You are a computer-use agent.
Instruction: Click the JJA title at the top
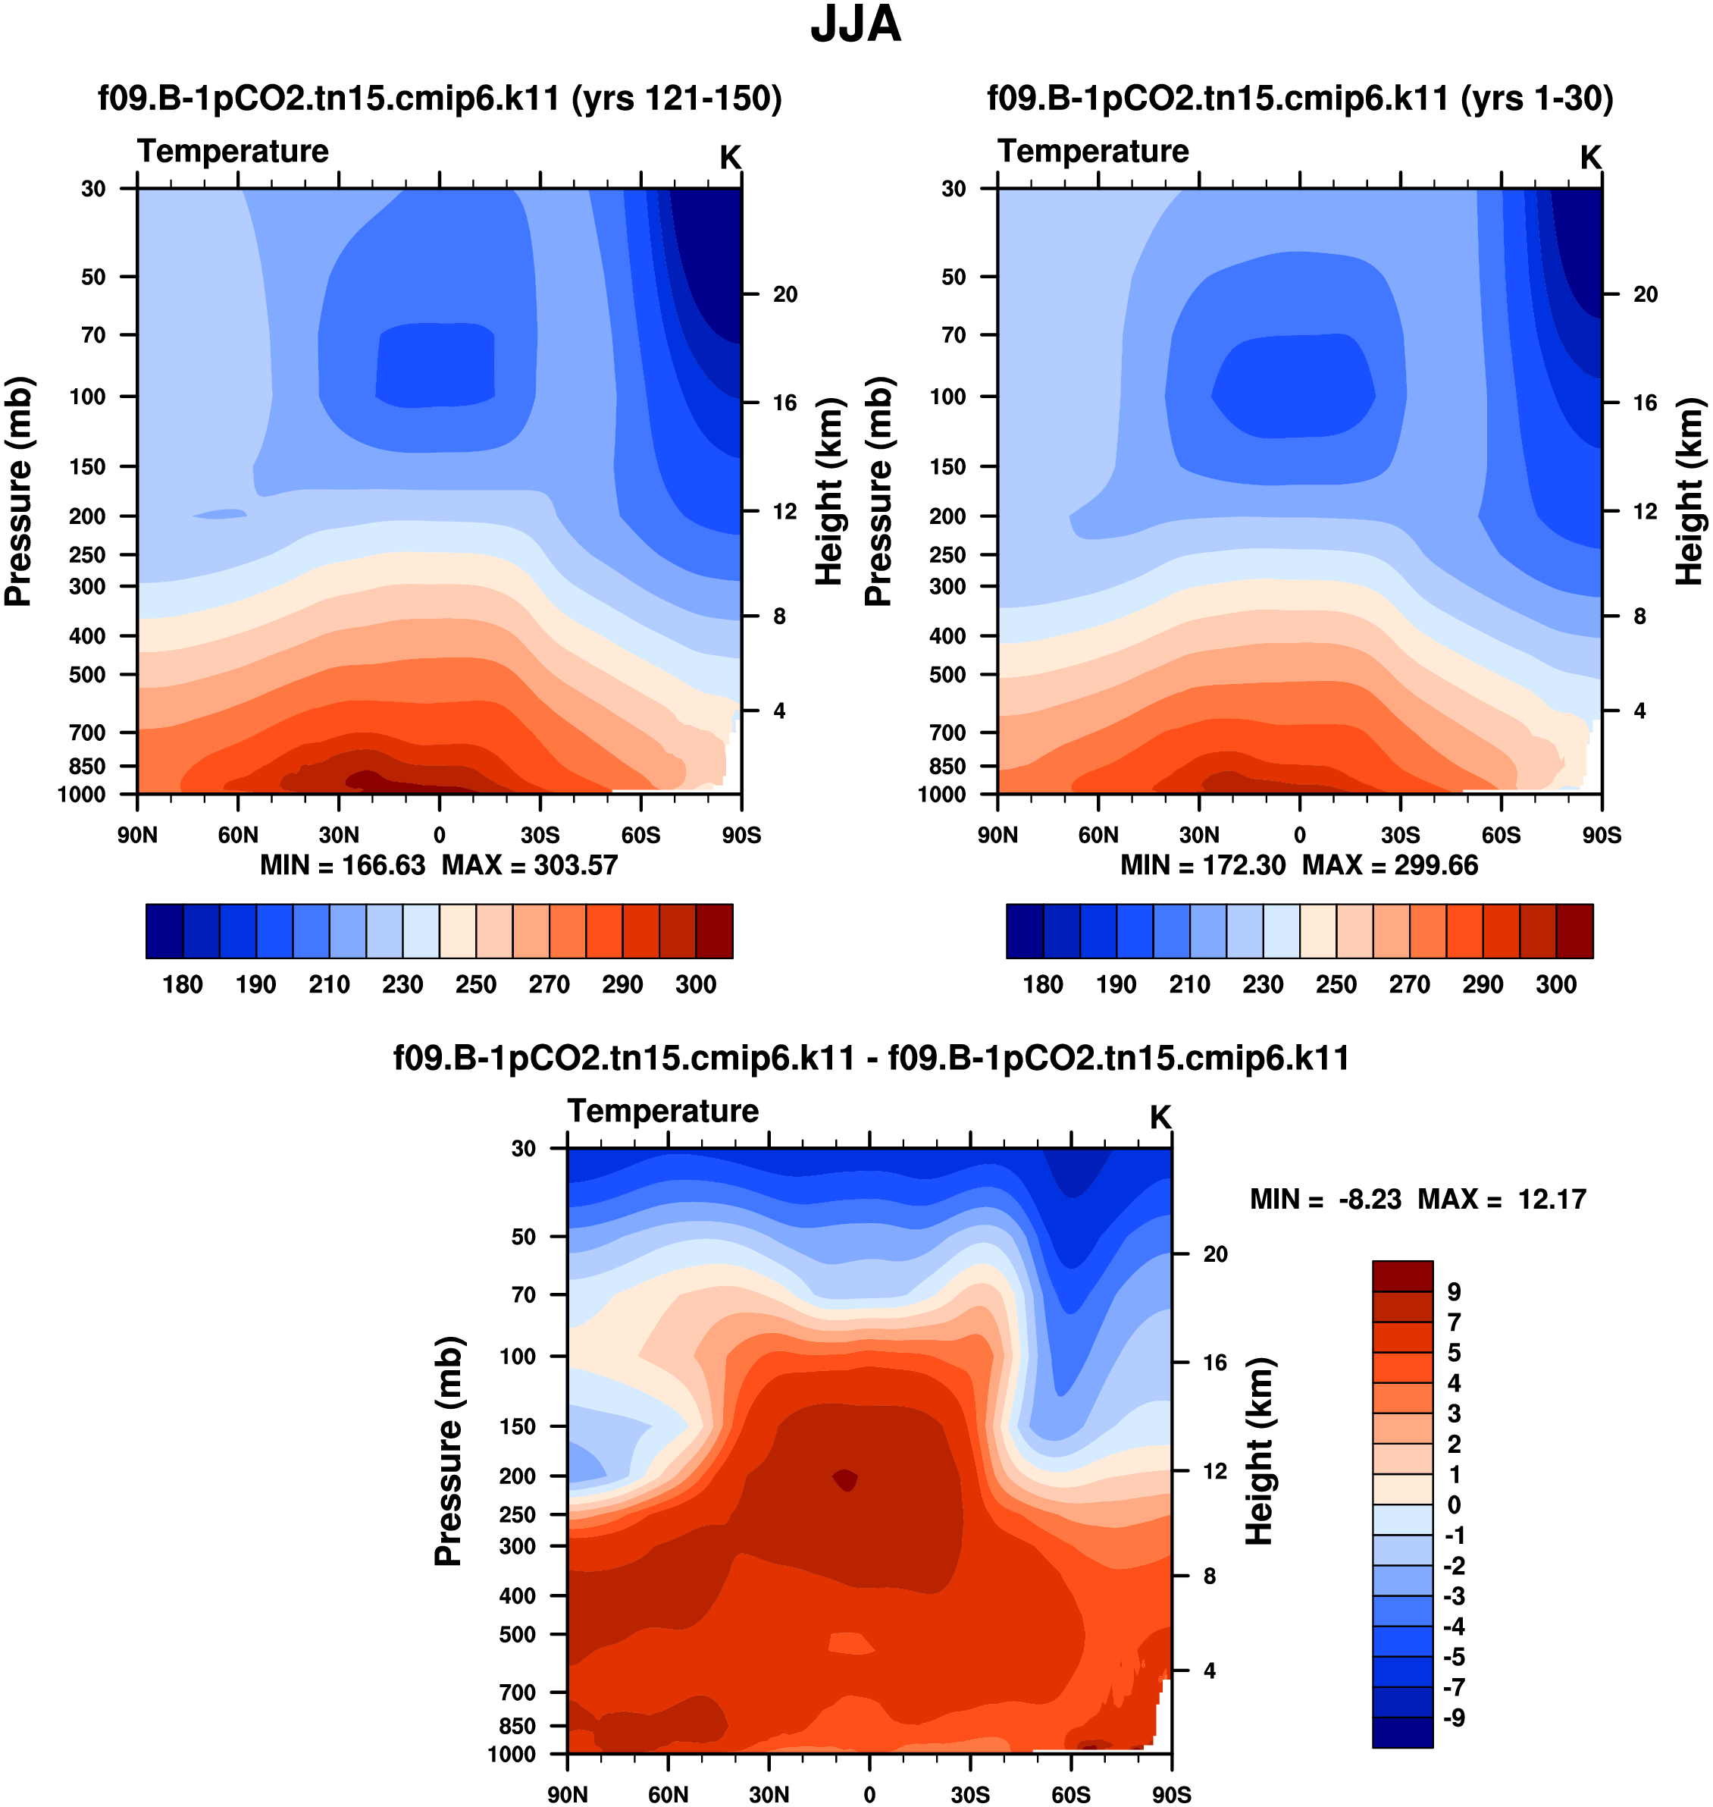coord(856,26)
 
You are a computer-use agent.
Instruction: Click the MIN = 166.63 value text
coord(343,865)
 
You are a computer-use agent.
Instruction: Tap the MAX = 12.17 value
coord(1502,1200)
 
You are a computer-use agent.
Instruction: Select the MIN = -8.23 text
coord(1325,1200)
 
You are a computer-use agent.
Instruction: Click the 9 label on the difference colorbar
coord(1454,1292)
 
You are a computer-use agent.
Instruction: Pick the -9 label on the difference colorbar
coord(1454,1718)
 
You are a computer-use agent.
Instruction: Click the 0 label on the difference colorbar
coord(1454,1504)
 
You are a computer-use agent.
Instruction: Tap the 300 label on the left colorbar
coord(696,985)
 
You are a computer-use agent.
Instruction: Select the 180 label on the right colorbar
coord(1043,985)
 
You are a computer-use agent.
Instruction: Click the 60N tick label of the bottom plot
coord(669,1794)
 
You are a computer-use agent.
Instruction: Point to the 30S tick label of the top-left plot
coord(540,835)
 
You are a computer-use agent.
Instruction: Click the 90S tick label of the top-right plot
coord(1602,835)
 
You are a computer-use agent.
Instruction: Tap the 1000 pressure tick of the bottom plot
coord(512,1754)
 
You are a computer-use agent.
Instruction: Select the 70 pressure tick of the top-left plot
coord(94,335)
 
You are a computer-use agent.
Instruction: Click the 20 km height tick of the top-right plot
coord(1645,294)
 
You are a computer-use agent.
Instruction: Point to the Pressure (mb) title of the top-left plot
coord(18,491)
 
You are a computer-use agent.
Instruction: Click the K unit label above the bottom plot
coord(1160,1117)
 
